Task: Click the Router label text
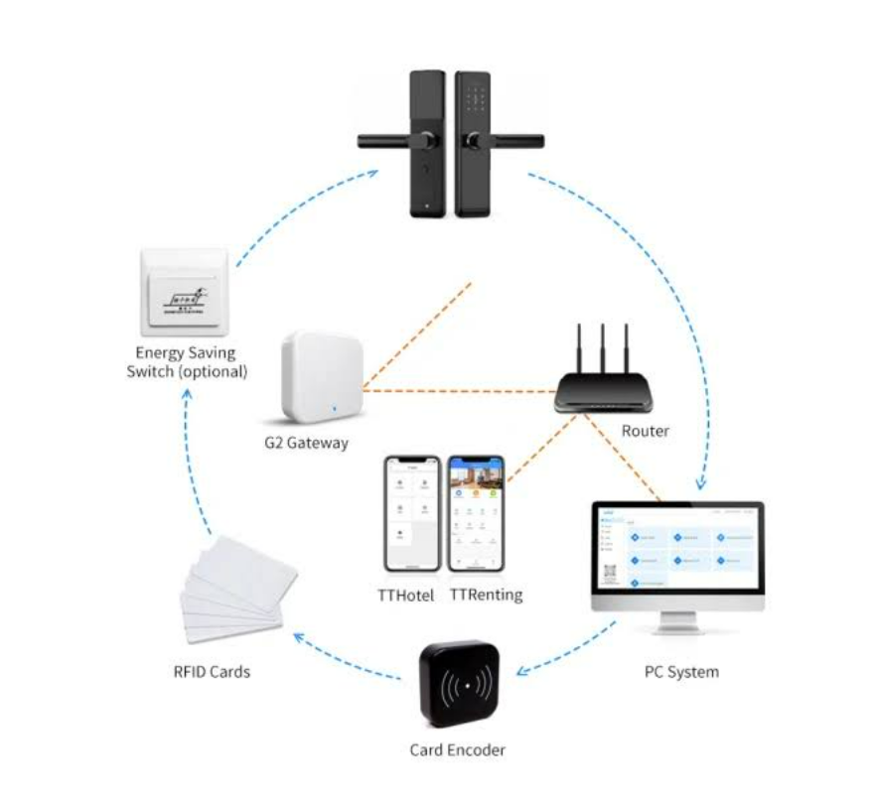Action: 646,432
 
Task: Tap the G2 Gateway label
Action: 307,443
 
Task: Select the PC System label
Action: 680,672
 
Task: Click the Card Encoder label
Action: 457,750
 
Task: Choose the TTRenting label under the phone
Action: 486,596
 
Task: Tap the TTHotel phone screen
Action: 412,515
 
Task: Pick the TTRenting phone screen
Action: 476,515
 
